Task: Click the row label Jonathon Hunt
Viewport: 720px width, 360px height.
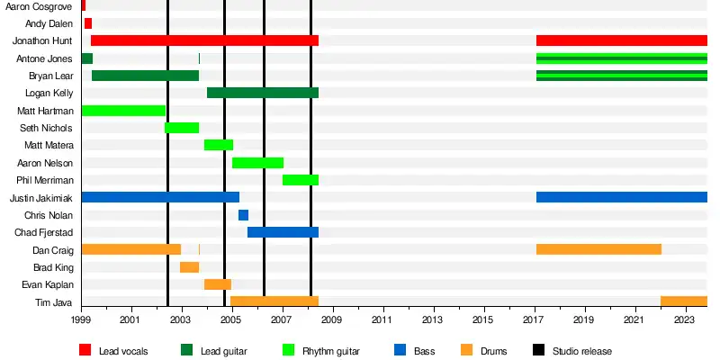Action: tap(43, 40)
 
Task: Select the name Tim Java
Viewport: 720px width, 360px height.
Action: tap(57, 302)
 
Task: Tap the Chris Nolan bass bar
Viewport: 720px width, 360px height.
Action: tap(243, 215)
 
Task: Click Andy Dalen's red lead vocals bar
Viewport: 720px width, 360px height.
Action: tap(87, 23)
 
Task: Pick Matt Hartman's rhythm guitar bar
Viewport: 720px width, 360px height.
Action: tap(123, 111)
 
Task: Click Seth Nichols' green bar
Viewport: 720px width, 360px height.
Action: tap(182, 128)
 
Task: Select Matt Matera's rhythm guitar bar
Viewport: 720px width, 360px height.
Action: tap(219, 145)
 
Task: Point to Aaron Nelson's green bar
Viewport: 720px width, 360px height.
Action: tap(257, 163)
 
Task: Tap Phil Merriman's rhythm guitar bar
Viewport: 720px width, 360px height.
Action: tap(301, 180)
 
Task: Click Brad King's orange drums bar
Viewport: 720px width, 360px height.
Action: tap(189, 267)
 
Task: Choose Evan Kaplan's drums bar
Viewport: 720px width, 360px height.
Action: tap(218, 284)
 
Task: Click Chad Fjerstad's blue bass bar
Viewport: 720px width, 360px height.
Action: tap(283, 232)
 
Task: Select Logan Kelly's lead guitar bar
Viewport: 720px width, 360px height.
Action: tap(263, 93)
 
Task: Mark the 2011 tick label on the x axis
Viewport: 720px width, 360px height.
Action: tap(383, 319)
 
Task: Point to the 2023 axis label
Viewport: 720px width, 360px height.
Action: tap(686, 319)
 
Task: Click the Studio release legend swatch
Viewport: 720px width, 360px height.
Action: tap(539, 350)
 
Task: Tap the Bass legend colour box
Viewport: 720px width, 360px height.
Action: tap(400, 350)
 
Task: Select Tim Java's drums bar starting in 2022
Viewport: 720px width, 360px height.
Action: tap(684, 302)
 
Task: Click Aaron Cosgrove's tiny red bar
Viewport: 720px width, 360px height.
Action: tap(83, 6)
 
